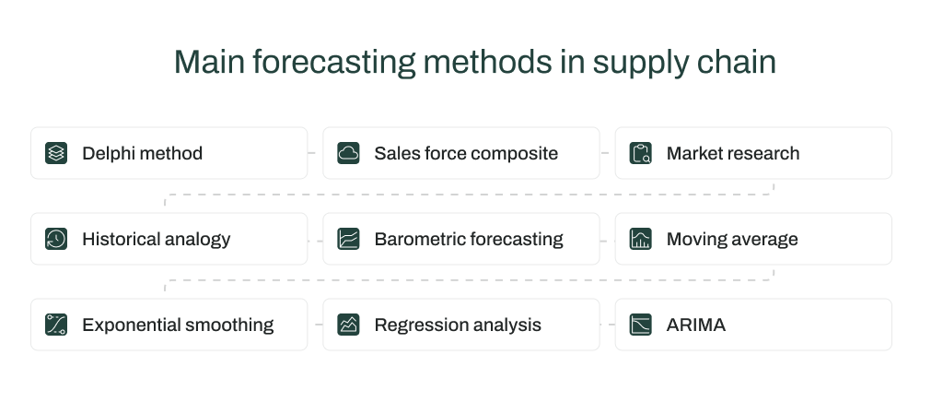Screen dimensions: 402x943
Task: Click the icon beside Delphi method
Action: point(56,153)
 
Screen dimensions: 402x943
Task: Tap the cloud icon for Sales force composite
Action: point(348,153)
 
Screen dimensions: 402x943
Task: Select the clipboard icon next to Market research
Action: point(641,153)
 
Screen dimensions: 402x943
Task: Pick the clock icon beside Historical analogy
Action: point(56,239)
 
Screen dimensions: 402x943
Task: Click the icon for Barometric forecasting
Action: point(348,239)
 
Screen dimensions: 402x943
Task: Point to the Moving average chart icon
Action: point(641,239)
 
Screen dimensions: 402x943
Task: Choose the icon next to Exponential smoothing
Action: point(56,325)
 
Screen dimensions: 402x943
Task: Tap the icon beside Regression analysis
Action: point(348,325)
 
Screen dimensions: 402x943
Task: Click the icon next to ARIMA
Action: point(641,325)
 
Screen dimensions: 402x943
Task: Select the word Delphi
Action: point(109,153)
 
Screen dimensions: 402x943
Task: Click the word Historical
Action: point(120,239)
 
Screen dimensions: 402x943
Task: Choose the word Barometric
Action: point(419,239)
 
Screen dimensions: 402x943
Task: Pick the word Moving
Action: point(695,239)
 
